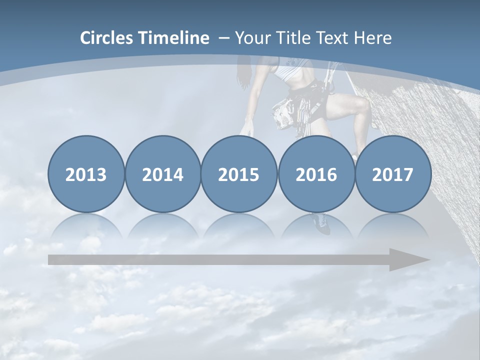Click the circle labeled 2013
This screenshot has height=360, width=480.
tap(86, 174)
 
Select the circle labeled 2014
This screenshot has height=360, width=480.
tap(162, 174)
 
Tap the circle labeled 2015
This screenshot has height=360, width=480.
tap(239, 174)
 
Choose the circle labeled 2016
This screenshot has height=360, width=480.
tap(316, 174)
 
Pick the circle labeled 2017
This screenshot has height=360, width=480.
tap(393, 174)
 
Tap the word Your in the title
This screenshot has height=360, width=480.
tap(253, 38)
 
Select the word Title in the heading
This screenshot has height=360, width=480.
tap(292, 38)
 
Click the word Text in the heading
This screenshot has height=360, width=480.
tap(331, 38)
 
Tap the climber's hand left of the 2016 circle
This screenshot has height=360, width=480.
tap(245, 131)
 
